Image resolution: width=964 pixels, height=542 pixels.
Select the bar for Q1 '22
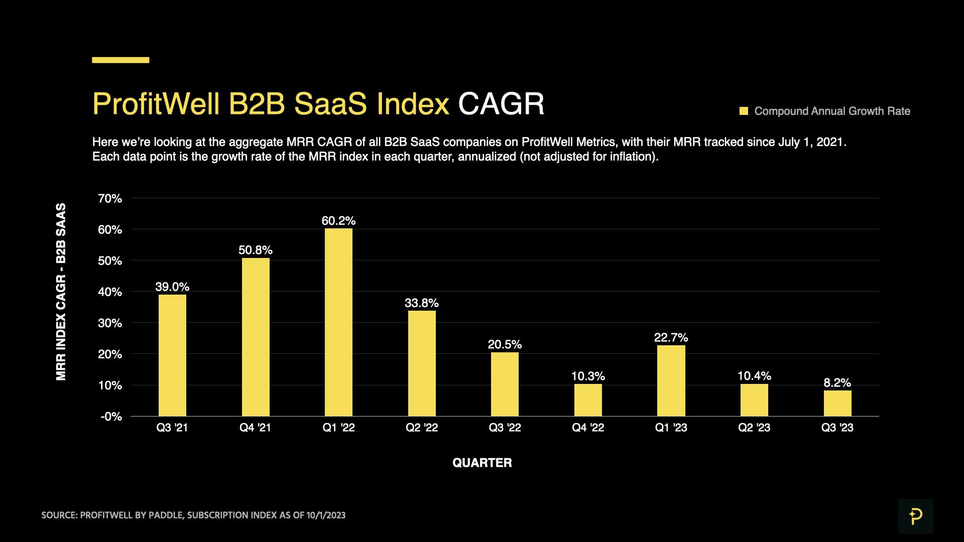[338, 322]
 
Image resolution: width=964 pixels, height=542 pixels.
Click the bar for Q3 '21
[172, 355]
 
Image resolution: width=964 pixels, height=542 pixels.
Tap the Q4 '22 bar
[588, 400]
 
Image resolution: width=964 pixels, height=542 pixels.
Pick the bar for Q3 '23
[837, 403]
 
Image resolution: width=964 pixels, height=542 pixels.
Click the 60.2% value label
[338, 221]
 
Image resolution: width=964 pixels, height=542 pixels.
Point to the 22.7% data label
[671, 338]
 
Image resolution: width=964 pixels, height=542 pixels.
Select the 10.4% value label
[754, 376]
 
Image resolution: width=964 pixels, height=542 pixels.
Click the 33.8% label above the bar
[422, 303]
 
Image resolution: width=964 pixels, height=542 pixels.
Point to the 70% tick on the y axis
[110, 199]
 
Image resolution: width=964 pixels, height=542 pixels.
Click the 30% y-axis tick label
[110, 323]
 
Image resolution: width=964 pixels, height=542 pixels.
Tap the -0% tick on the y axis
[111, 417]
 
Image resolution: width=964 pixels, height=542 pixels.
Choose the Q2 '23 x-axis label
[754, 428]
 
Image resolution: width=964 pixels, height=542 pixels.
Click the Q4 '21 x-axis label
[255, 428]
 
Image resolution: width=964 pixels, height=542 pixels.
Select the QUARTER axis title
[482, 463]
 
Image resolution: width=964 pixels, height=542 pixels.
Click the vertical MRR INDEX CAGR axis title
[61, 292]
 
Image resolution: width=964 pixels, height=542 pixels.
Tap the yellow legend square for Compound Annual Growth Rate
[744, 111]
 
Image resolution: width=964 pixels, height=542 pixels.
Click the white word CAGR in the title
[501, 104]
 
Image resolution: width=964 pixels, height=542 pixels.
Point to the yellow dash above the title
[120, 60]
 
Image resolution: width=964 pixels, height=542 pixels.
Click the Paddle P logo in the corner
[915, 516]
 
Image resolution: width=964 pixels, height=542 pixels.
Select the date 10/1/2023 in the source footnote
[326, 515]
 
